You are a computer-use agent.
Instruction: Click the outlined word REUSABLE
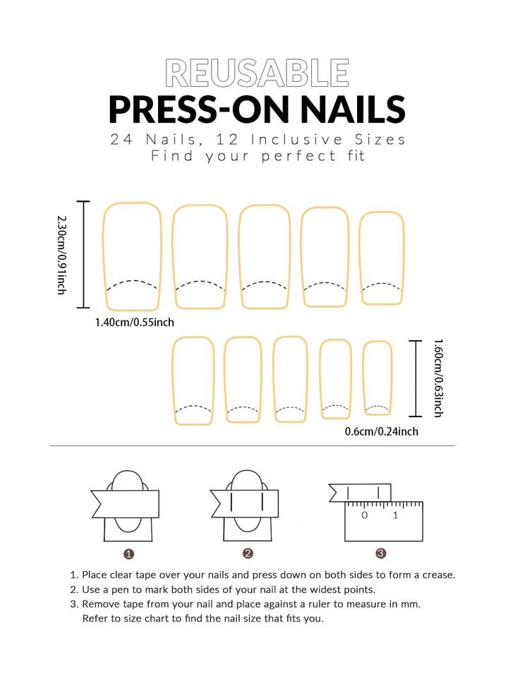pyautogui.click(x=257, y=73)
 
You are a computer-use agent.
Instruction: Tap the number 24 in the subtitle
pyautogui.click(x=122, y=140)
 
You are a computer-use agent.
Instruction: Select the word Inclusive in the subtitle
pyautogui.click(x=297, y=140)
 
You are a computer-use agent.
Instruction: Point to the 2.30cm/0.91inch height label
pyautogui.click(x=62, y=255)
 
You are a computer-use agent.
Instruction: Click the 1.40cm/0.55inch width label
pyautogui.click(x=135, y=323)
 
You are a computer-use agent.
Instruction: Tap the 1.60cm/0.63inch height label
pyautogui.click(x=438, y=378)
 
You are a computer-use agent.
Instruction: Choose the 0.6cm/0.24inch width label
pyautogui.click(x=382, y=431)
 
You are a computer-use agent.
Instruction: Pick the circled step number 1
pyautogui.click(x=128, y=554)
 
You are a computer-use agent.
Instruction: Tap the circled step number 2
pyautogui.click(x=248, y=553)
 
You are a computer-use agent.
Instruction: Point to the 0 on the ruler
pyautogui.click(x=365, y=515)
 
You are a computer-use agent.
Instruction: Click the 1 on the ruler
pyautogui.click(x=395, y=515)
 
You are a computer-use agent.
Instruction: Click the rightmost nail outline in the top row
pyautogui.click(x=360, y=258)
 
